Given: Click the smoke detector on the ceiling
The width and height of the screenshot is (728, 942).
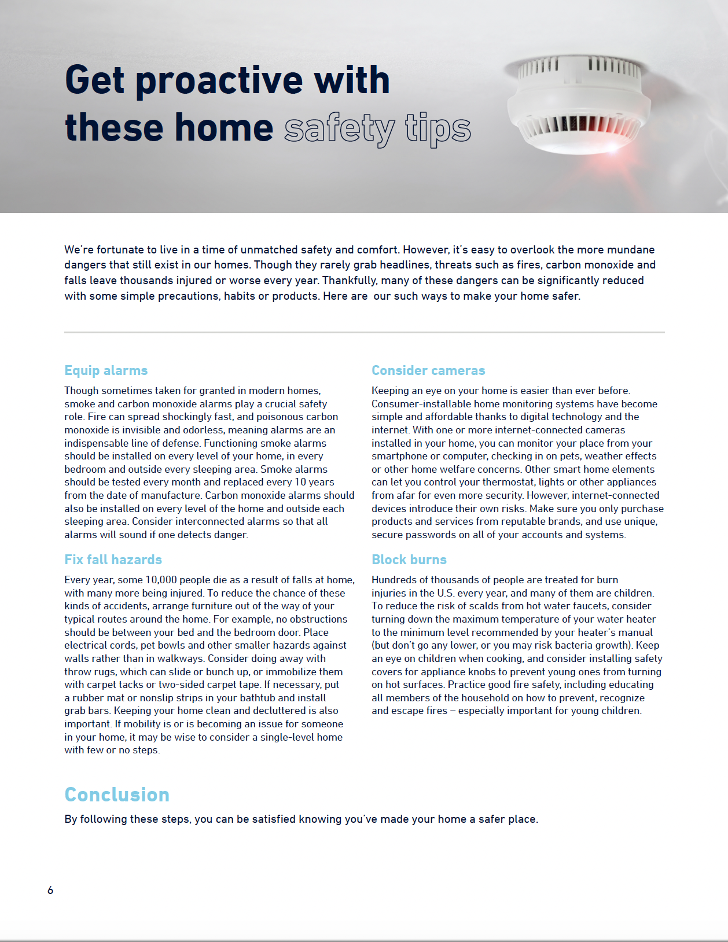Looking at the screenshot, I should tap(579, 104).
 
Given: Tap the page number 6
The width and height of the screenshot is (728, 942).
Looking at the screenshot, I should tap(50, 890).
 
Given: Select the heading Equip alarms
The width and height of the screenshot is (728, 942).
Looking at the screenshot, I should tap(106, 370).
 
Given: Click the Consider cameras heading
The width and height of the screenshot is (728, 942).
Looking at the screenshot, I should tap(428, 370).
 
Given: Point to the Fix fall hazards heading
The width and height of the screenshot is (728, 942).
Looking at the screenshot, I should tap(113, 560).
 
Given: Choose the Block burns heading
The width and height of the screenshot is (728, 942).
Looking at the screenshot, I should tap(409, 560).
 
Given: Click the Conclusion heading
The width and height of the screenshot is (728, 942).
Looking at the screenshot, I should tap(117, 794).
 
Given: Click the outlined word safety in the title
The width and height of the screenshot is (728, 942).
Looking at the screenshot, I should tap(340, 128).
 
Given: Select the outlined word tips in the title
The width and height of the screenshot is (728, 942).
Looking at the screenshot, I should tap(438, 128).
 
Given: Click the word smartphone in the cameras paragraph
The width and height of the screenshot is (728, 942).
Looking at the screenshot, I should tap(399, 456).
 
